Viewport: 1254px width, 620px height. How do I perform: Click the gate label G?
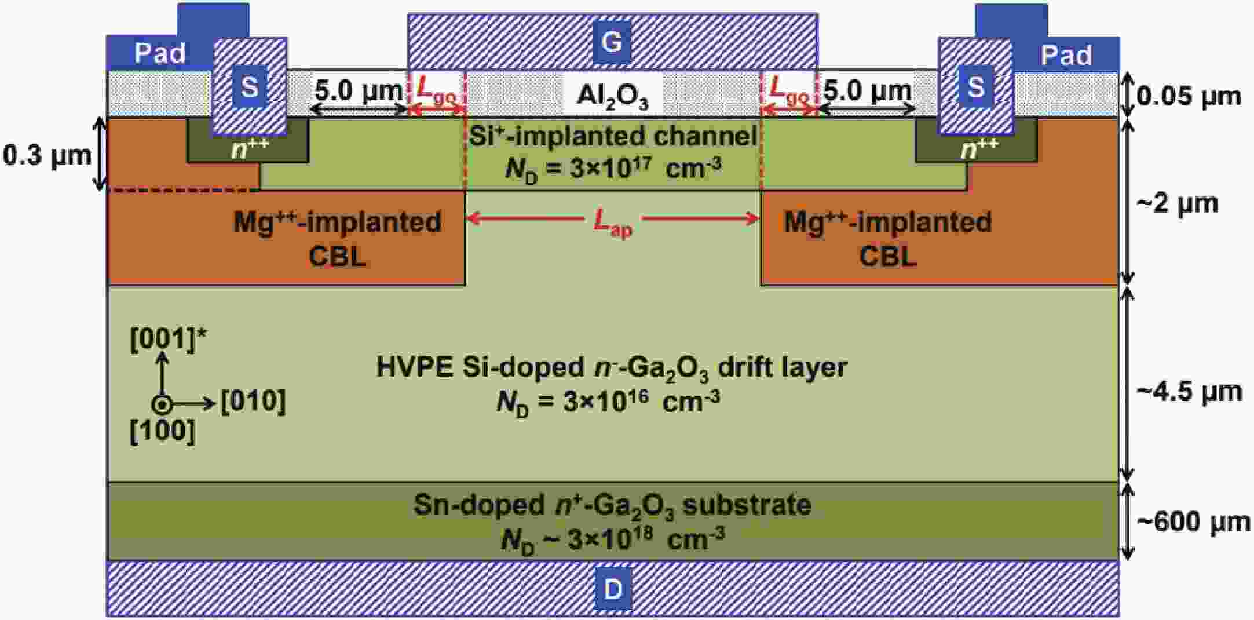tap(612, 42)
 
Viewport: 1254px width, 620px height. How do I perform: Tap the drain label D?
tap(612, 589)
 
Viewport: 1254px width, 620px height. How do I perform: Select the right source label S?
tap(976, 87)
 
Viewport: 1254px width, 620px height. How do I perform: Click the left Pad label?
tap(159, 53)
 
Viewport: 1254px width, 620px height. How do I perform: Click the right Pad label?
tap(1066, 55)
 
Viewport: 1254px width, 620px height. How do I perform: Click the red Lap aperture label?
tap(613, 223)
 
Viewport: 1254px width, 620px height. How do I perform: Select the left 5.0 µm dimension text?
tap(358, 90)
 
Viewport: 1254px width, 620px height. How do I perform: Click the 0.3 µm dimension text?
tap(47, 155)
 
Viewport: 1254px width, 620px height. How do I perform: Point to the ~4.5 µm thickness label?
tap(1189, 392)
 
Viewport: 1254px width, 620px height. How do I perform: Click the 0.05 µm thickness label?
tap(1189, 96)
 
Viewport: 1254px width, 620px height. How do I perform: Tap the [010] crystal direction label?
tap(253, 400)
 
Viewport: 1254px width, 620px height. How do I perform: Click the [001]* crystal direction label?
tap(168, 340)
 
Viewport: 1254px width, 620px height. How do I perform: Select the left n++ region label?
tap(250, 149)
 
